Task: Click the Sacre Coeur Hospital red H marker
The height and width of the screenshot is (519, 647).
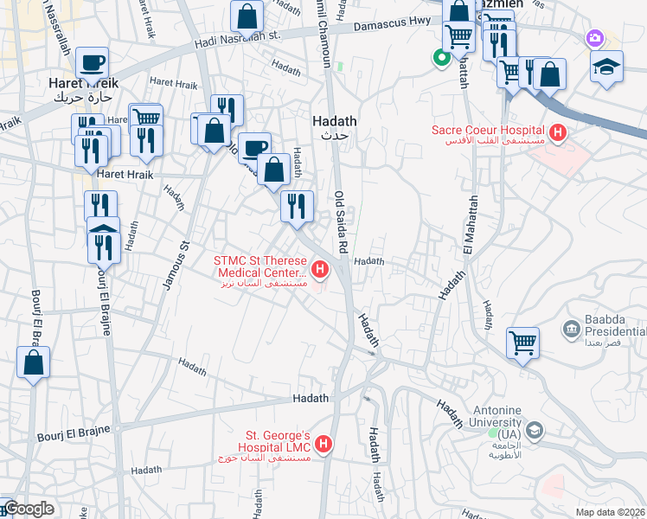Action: (x=558, y=133)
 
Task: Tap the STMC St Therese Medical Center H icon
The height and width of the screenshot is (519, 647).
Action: (x=321, y=271)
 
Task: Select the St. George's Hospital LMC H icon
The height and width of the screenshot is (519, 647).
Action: (x=323, y=445)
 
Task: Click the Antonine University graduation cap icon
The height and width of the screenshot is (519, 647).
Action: (x=535, y=431)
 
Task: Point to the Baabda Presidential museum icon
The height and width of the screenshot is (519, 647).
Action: (x=570, y=329)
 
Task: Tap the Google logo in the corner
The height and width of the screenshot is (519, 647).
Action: (x=28, y=509)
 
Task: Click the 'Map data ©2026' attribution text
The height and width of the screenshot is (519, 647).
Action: (x=611, y=511)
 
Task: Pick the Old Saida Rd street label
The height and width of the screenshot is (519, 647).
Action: (x=341, y=222)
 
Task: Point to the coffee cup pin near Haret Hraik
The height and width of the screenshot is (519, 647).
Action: (x=92, y=64)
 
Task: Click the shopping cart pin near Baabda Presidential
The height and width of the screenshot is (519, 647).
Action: (x=522, y=344)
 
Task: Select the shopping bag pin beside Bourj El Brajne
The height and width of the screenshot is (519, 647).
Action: (x=33, y=363)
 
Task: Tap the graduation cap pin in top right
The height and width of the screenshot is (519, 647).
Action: (x=606, y=67)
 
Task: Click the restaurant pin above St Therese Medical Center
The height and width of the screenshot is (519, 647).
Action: (x=297, y=207)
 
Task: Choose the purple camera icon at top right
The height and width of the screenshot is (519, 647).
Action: (x=594, y=38)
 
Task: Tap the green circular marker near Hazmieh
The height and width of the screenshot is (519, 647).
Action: (x=440, y=59)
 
